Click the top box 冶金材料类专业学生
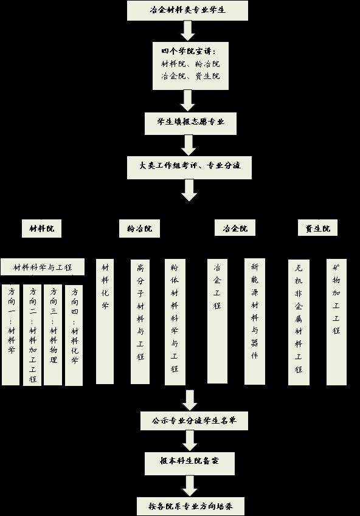click(x=187, y=10)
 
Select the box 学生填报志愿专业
click(x=190, y=123)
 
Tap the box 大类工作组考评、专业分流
click(x=189, y=168)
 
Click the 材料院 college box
click(x=41, y=229)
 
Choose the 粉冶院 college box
click(x=139, y=229)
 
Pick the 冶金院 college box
click(x=235, y=228)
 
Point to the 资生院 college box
click(x=317, y=228)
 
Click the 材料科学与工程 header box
click(x=43, y=267)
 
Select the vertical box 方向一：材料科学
click(x=10, y=335)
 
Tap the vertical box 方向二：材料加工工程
click(x=32, y=335)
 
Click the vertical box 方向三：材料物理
click(x=53, y=335)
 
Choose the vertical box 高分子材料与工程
click(x=140, y=322)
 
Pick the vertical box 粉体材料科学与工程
click(x=175, y=322)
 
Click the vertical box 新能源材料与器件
click(x=255, y=322)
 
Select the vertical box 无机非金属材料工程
click(x=299, y=322)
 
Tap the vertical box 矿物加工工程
click(x=336, y=322)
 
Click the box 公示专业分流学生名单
click(x=195, y=421)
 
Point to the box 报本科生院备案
click(x=190, y=463)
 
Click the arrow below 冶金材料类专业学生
click(x=188, y=31)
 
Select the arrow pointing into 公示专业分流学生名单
click(x=190, y=401)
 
